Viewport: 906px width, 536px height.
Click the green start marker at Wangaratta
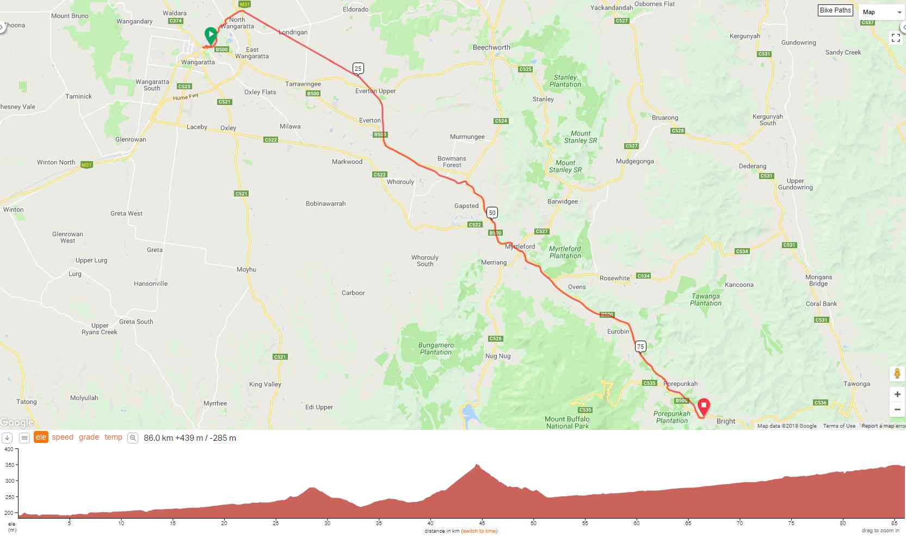(x=211, y=35)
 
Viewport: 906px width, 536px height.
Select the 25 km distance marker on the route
(x=358, y=68)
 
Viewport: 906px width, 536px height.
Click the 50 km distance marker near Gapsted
(x=492, y=213)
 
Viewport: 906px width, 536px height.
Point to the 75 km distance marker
(x=640, y=347)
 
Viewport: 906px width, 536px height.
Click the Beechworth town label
(x=491, y=47)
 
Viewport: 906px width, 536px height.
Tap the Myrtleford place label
(x=520, y=247)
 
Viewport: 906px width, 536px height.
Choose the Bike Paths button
(x=835, y=10)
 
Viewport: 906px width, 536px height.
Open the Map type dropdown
(x=882, y=12)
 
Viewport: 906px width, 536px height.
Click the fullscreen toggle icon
(x=896, y=38)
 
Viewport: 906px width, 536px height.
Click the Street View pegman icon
(x=897, y=374)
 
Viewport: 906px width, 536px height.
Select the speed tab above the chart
(x=63, y=438)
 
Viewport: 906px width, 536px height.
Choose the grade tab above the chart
(x=89, y=438)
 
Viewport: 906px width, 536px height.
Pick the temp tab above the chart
(x=113, y=438)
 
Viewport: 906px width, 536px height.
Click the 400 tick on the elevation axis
(x=8, y=449)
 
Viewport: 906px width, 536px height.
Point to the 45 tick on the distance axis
(x=482, y=523)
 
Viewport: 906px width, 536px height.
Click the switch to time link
(x=479, y=531)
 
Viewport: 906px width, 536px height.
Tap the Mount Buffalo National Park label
(x=567, y=422)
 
